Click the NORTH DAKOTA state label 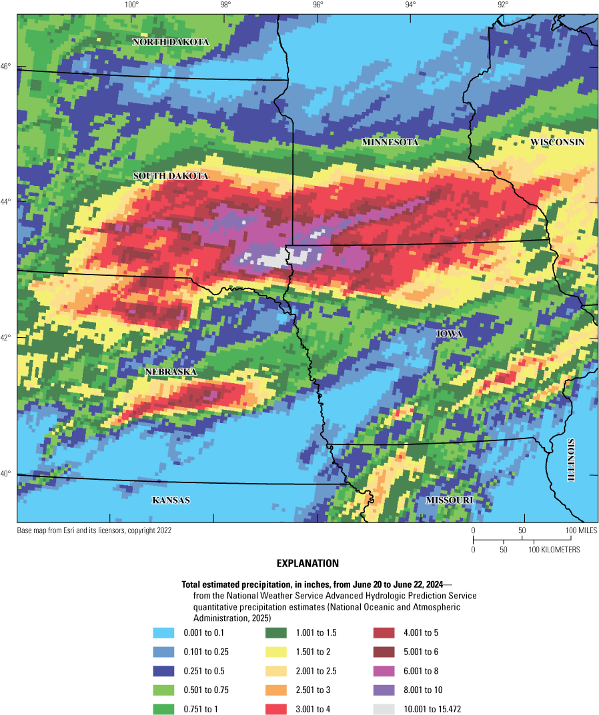click(x=171, y=42)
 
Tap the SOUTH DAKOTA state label click(x=171, y=176)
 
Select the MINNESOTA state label click(x=390, y=143)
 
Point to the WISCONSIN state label click(x=558, y=143)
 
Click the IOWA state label click(x=450, y=333)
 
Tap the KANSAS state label click(x=171, y=500)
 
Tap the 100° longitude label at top click(x=131, y=6)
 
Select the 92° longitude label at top click(x=502, y=6)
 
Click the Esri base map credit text click(x=94, y=530)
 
